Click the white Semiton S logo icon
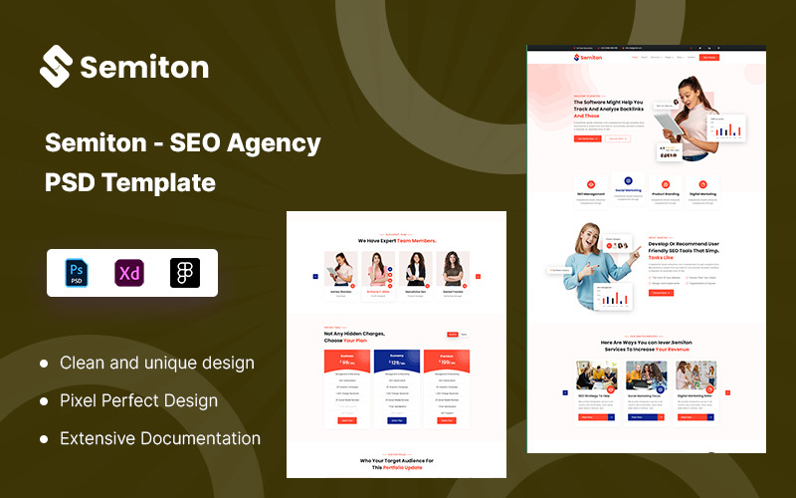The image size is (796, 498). [x=57, y=66]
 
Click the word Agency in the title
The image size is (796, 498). [x=273, y=143]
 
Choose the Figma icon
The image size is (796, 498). [x=184, y=273]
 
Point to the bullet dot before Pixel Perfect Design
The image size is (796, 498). [x=44, y=401]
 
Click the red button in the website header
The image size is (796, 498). [x=708, y=58]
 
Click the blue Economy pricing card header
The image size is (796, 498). [x=397, y=360]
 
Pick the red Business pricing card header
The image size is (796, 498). [x=347, y=360]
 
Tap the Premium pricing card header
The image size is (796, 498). [x=447, y=360]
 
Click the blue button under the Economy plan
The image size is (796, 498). [x=397, y=421]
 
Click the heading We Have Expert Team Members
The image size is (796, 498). [x=396, y=241]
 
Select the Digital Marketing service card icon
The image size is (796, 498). [x=702, y=183]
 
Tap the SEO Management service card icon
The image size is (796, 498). [x=590, y=183]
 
